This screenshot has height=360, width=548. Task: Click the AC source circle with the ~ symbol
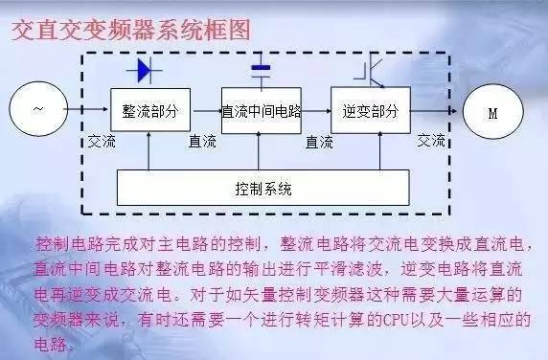click(x=39, y=111)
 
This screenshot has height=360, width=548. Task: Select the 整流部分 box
click(x=150, y=111)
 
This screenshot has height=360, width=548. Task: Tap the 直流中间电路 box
click(x=260, y=111)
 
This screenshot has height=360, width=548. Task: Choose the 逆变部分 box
click(x=369, y=111)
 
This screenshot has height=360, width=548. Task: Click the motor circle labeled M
click(x=492, y=112)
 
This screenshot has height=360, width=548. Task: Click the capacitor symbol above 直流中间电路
click(x=260, y=69)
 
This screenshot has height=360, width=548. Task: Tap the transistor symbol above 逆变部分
click(x=368, y=69)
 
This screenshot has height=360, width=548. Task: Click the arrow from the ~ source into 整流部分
click(x=90, y=111)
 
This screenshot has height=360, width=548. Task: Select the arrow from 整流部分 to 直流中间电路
click(x=205, y=111)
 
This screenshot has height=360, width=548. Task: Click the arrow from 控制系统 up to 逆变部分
click(x=369, y=154)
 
